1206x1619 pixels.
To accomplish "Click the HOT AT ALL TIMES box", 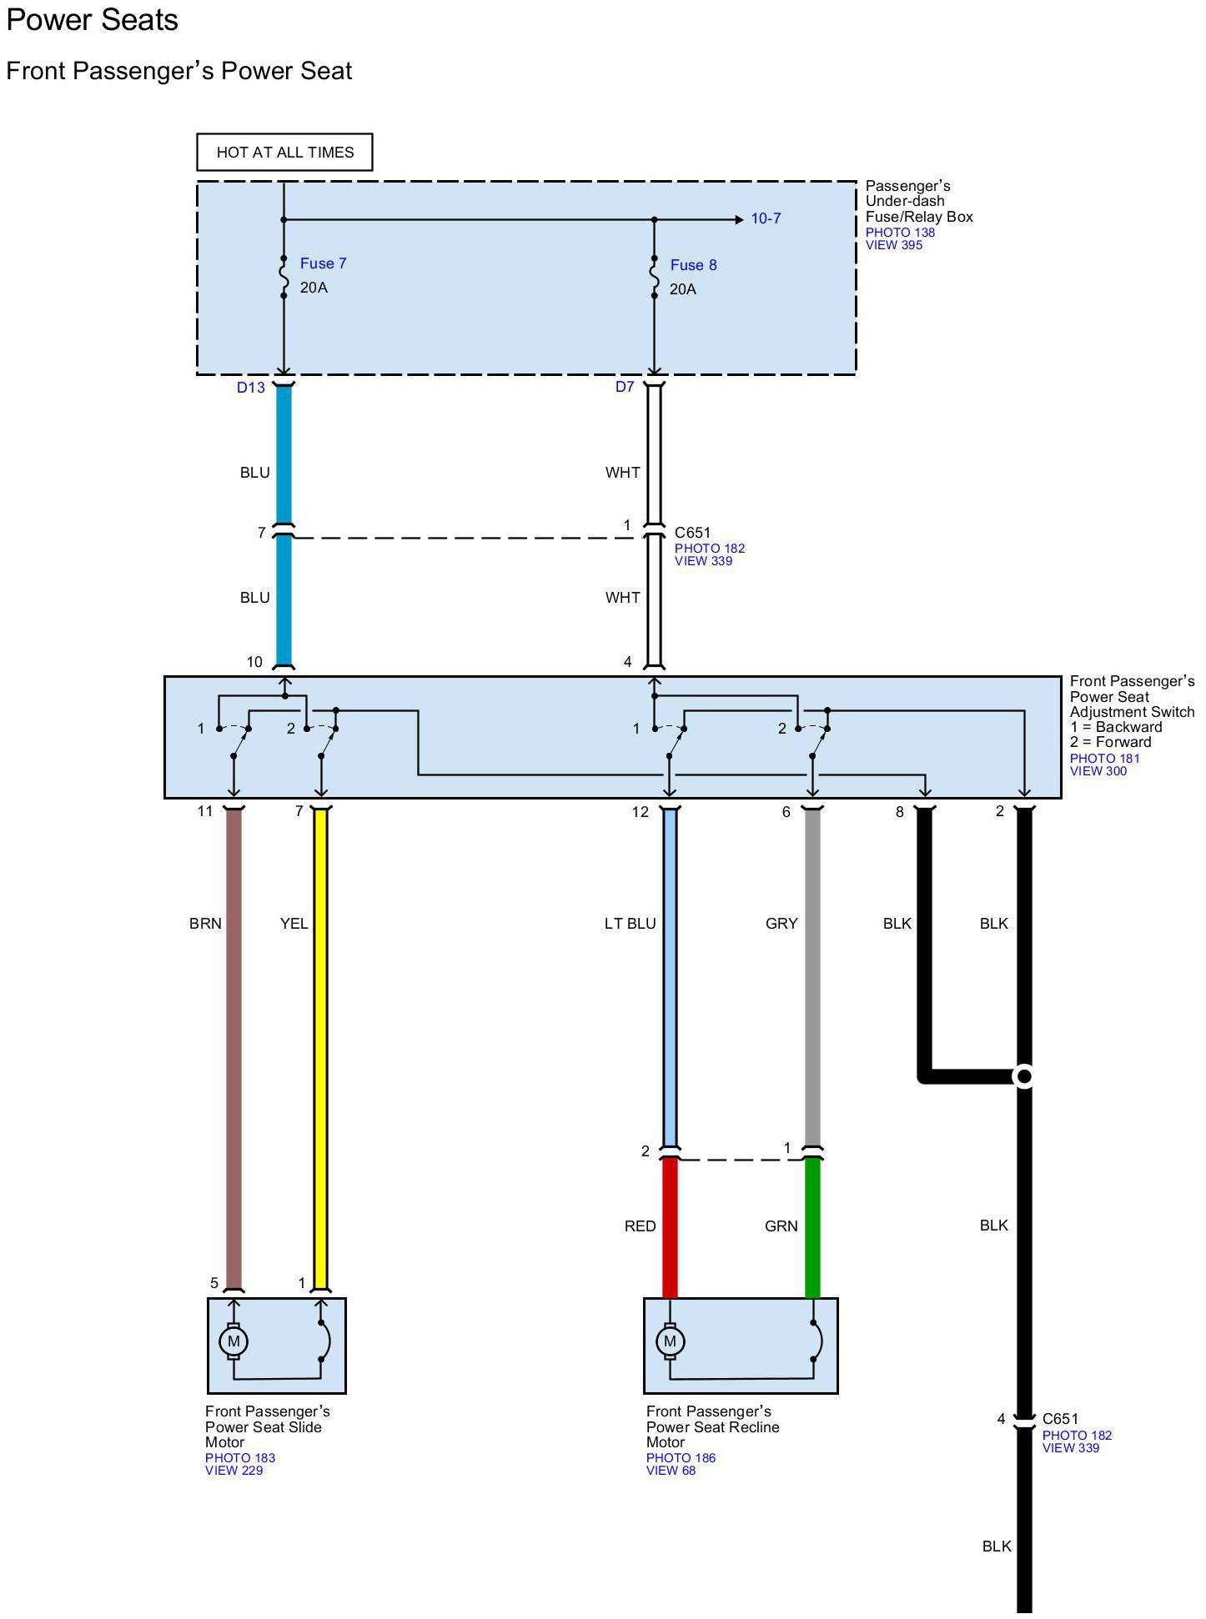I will tap(284, 152).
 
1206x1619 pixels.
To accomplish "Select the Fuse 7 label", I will tap(323, 263).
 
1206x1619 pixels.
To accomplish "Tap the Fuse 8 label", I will tap(693, 265).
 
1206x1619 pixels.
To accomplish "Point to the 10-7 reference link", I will tap(766, 218).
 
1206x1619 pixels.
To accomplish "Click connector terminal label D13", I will tap(250, 387).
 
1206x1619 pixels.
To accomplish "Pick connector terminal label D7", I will tap(625, 387).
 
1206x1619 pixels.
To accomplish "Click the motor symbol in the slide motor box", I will tap(234, 1341).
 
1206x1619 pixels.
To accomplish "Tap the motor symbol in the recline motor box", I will tap(670, 1341).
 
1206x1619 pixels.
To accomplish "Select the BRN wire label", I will tap(205, 924).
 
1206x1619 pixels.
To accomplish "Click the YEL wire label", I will tap(294, 924).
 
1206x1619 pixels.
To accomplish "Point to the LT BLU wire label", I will tap(630, 924).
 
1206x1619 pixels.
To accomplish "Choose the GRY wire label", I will tap(781, 924).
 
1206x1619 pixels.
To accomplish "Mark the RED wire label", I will tap(640, 1226).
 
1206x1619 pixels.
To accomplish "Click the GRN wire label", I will tap(781, 1226).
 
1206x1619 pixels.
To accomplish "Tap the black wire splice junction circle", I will tap(1024, 1076).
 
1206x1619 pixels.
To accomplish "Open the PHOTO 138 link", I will tap(900, 233).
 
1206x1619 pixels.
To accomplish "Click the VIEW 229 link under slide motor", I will tap(234, 1471).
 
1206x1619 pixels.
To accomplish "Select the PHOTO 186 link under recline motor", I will tap(681, 1458).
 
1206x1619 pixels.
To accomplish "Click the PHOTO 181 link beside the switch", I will tap(1104, 759).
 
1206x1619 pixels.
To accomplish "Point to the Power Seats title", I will tap(93, 20).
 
